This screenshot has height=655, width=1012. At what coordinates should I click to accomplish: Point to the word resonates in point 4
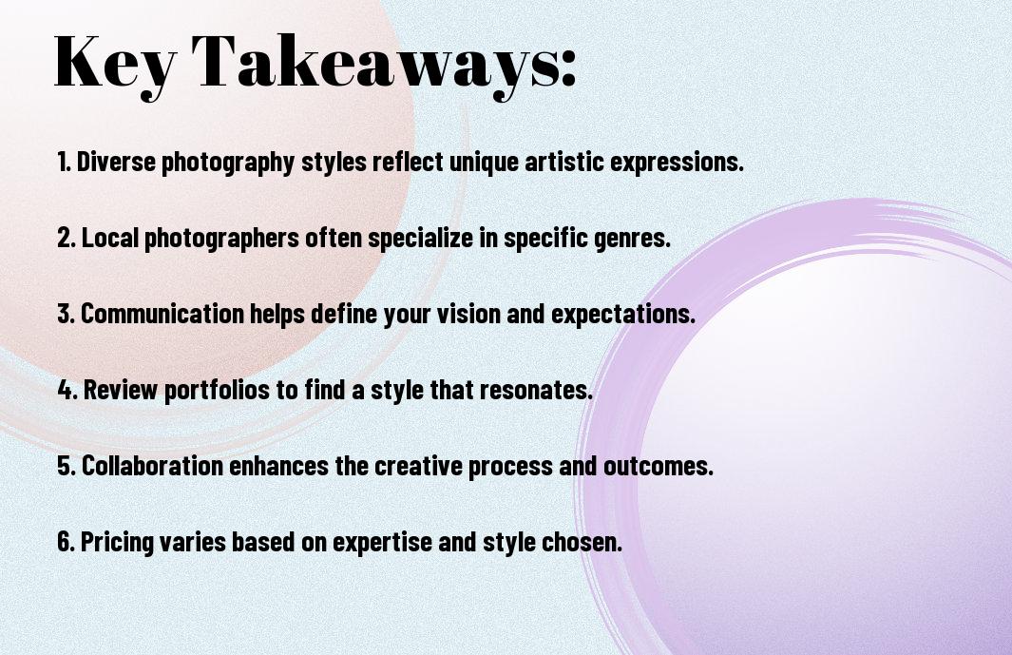tap(543, 390)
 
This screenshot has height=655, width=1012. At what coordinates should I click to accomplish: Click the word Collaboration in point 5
tap(152, 466)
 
